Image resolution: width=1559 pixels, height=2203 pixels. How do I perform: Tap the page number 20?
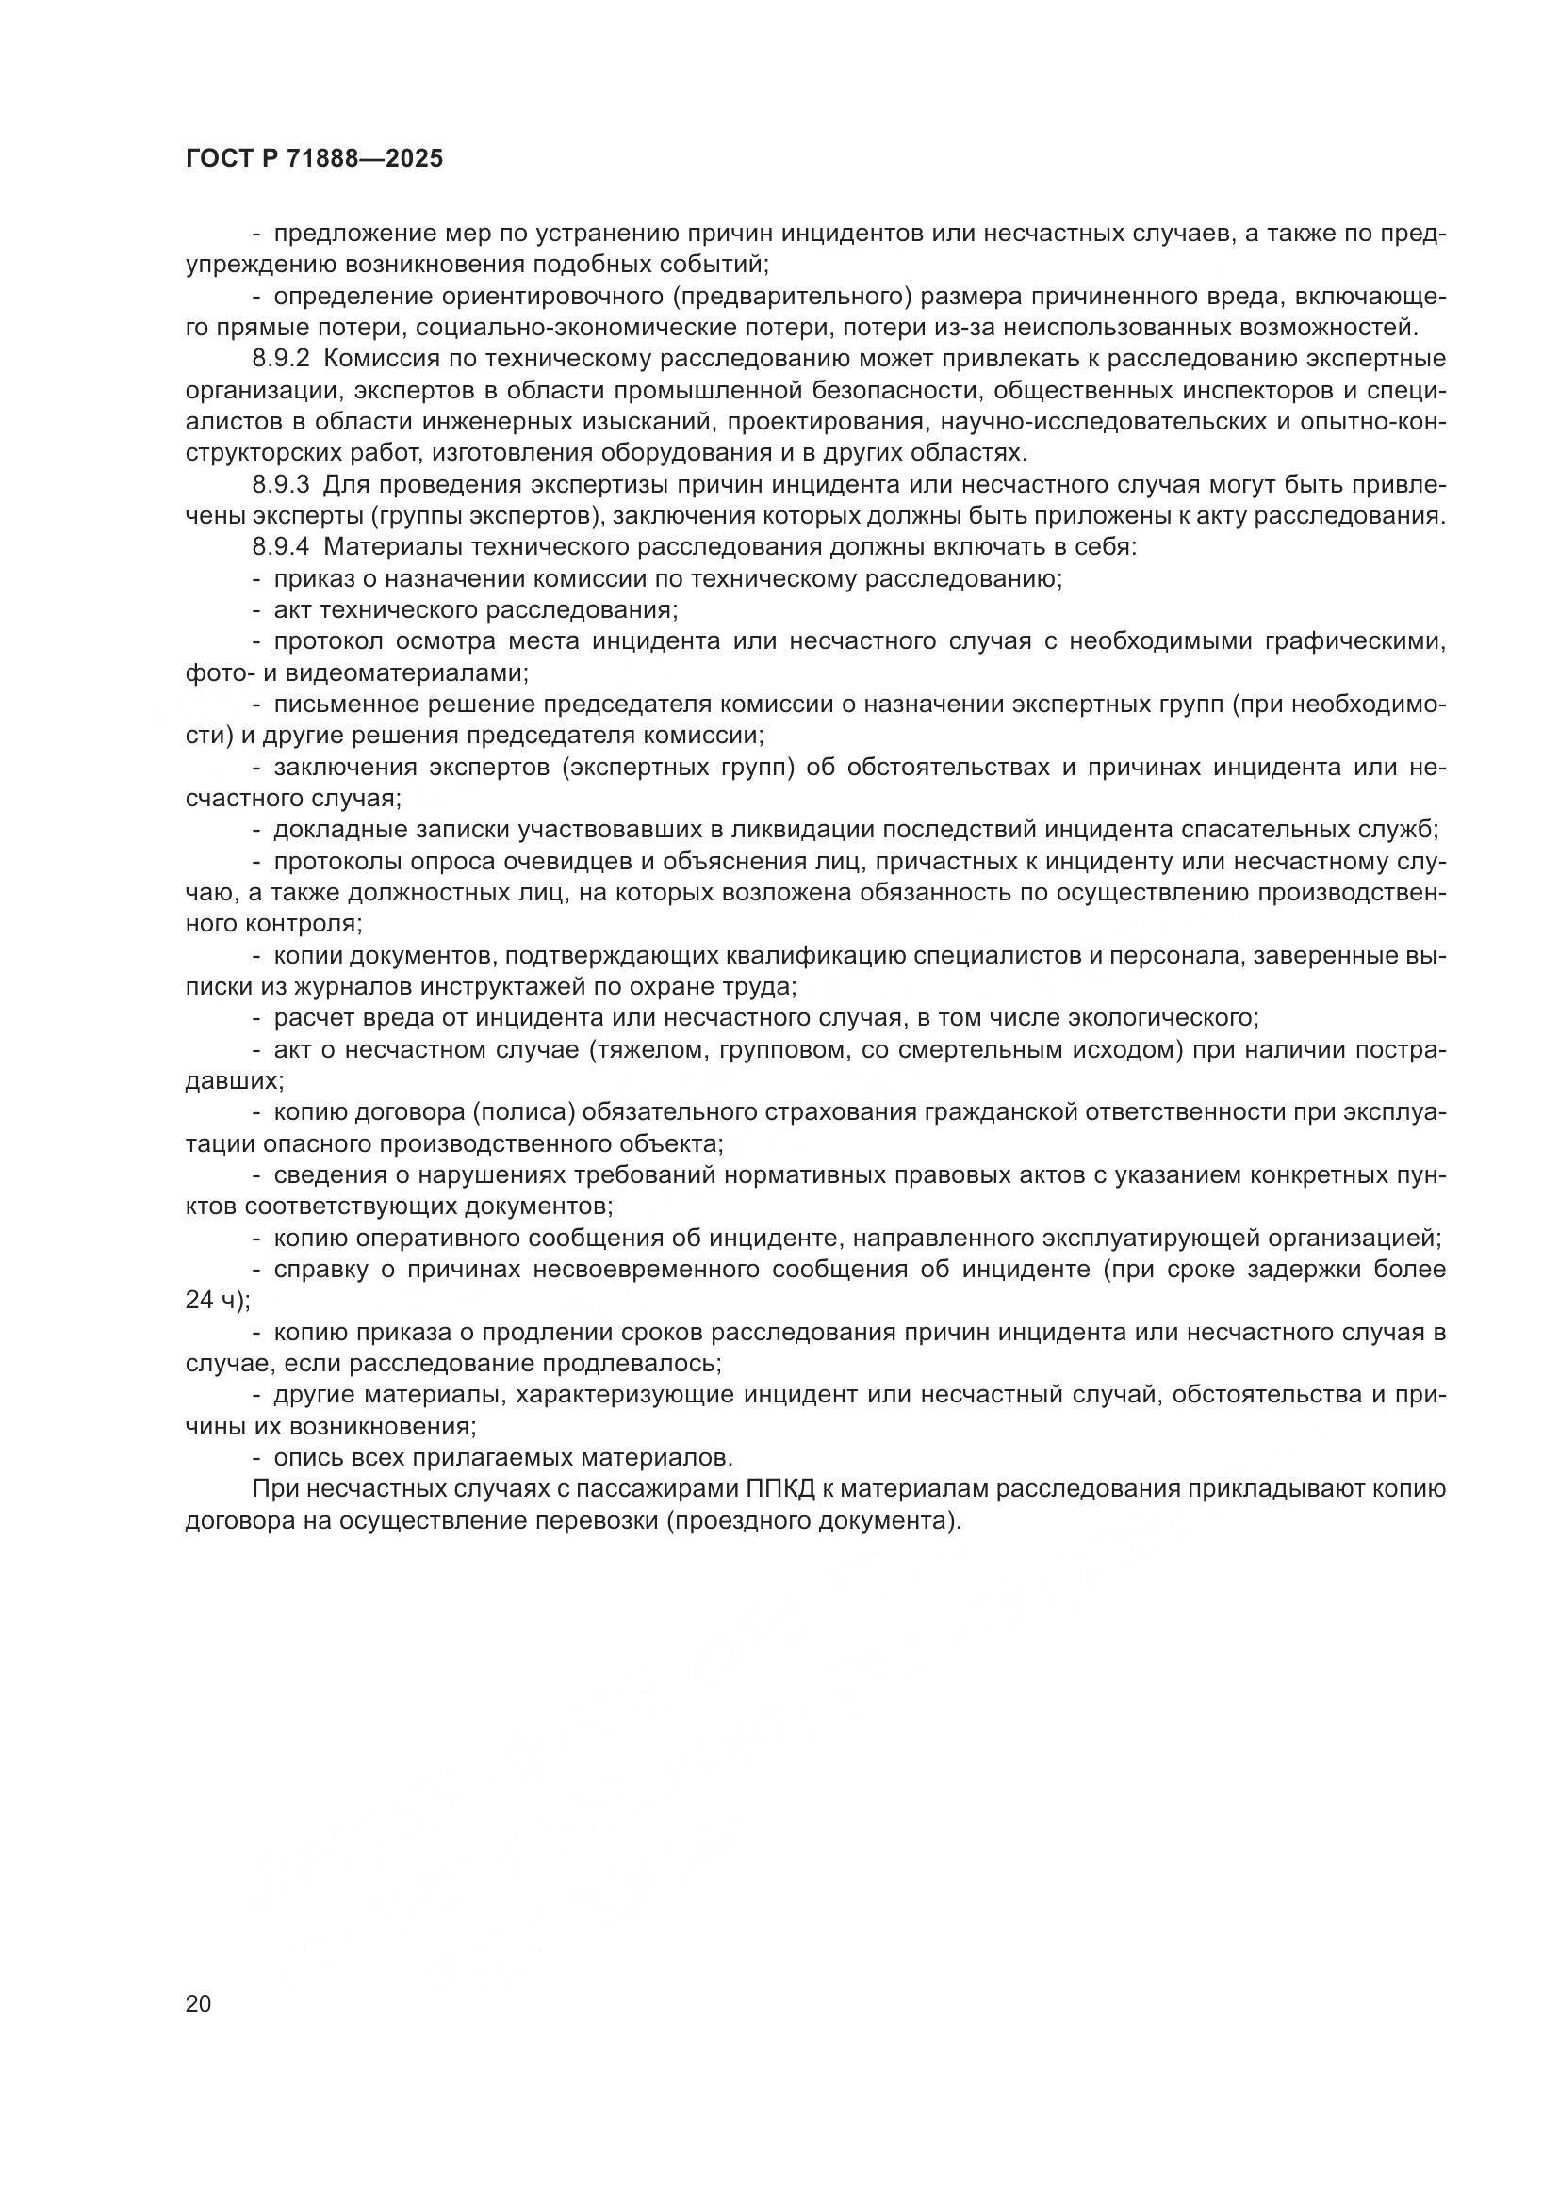(x=198, y=2003)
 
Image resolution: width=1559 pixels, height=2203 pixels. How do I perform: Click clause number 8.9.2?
(x=281, y=360)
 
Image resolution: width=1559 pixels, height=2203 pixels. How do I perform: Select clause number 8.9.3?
(x=281, y=484)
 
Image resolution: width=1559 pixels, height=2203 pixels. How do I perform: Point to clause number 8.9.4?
(x=281, y=548)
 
